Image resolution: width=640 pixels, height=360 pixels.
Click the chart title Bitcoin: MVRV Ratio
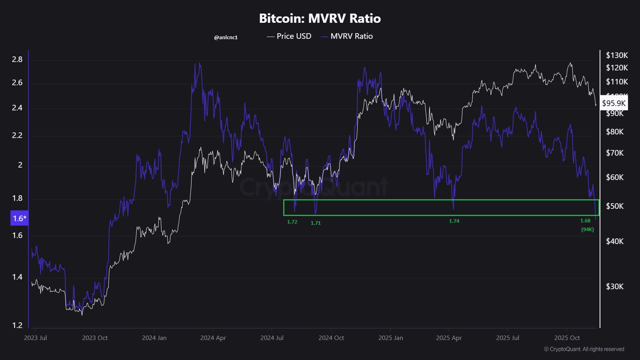[x=320, y=18]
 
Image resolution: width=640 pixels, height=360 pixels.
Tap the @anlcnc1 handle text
[x=226, y=37]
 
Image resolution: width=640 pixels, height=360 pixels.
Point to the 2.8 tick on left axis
[x=17, y=59]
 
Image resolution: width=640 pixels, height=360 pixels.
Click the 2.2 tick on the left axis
[x=17, y=135]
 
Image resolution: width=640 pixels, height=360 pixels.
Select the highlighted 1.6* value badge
[x=19, y=218]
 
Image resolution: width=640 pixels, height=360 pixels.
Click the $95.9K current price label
[x=614, y=103]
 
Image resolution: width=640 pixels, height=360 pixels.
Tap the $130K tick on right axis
[x=617, y=55]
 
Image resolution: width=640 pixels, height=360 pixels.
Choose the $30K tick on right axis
[x=615, y=286]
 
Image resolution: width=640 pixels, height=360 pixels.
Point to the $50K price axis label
[x=615, y=206]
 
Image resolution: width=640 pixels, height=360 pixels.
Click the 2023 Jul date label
[x=35, y=338]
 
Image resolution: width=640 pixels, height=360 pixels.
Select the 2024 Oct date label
[x=331, y=338]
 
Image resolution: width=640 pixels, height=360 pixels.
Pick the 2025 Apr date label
[x=449, y=338]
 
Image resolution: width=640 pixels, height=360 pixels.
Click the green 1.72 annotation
[x=292, y=222]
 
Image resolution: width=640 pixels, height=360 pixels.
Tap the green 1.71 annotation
[x=316, y=223]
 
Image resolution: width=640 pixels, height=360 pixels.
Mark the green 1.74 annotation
[x=454, y=221]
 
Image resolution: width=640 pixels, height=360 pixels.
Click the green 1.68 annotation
[x=585, y=220]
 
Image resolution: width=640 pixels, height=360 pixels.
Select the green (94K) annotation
[x=587, y=229]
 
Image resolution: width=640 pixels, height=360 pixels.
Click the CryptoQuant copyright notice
[x=584, y=349]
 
